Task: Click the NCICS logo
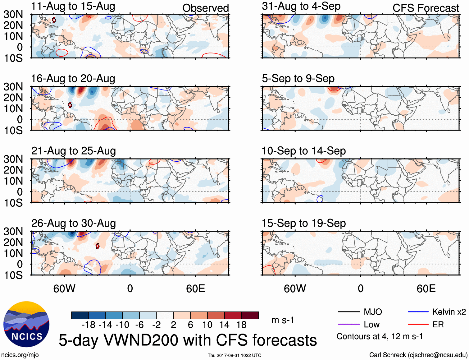(x=26, y=324)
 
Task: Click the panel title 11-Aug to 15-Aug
(x=73, y=6)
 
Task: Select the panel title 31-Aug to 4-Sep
(x=301, y=6)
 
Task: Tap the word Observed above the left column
(x=205, y=8)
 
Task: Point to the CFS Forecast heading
(x=426, y=8)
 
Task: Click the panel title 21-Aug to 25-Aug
(x=73, y=151)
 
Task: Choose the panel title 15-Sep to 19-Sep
(x=303, y=224)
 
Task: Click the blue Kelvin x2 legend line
(x=418, y=312)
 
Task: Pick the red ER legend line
(x=418, y=325)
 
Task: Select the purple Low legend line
(x=348, y=325)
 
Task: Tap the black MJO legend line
(x=348, y=312)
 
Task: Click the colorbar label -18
(x=89, y=325)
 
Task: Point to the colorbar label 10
(x=207, y=325)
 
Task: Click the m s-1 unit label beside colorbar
(x=283, y=320)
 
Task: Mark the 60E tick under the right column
(x=426, y=289)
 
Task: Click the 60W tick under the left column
(x=64, y=289)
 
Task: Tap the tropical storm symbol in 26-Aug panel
(x=98, y=246)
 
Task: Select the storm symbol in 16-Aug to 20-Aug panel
(x=70, y=105)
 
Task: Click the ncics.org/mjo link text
(x=20, y=355)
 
